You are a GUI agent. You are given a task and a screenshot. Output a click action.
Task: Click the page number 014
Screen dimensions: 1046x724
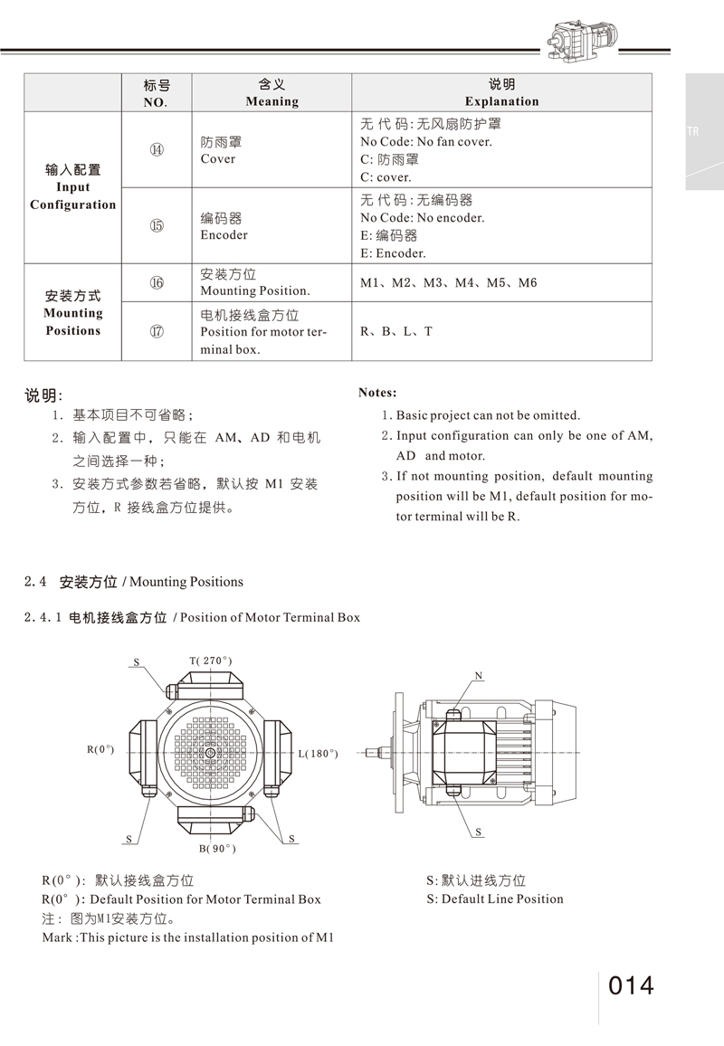(631, 985)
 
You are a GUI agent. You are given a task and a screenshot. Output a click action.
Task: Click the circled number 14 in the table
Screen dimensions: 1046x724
(157, 150)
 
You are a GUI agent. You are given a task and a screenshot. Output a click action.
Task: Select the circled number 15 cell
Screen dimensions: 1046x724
(157, 226)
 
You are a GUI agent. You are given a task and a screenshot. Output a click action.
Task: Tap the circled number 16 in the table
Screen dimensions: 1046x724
(157, 283)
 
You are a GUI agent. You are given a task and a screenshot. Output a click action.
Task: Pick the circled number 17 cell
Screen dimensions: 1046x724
(157, 331)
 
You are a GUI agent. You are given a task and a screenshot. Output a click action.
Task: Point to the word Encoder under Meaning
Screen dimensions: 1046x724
(224, 235)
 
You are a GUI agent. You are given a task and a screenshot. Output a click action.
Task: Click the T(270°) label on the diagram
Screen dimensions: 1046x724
(211, 661)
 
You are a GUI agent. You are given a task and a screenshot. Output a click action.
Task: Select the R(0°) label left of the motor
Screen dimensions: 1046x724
(100, 749)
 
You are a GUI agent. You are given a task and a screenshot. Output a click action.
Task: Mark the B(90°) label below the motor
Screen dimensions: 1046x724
(217, 848)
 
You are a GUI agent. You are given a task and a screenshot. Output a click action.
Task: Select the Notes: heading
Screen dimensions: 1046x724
(377, 393)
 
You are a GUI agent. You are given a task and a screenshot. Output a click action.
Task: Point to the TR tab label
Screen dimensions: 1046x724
(693, 132)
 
